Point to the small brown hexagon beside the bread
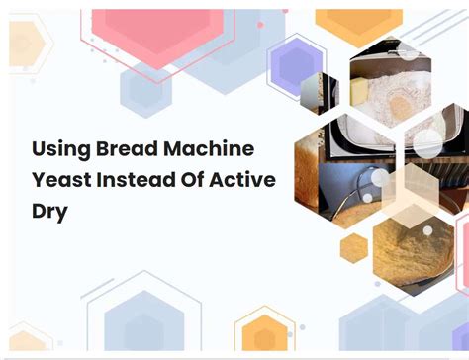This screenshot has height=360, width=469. point(353,248)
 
